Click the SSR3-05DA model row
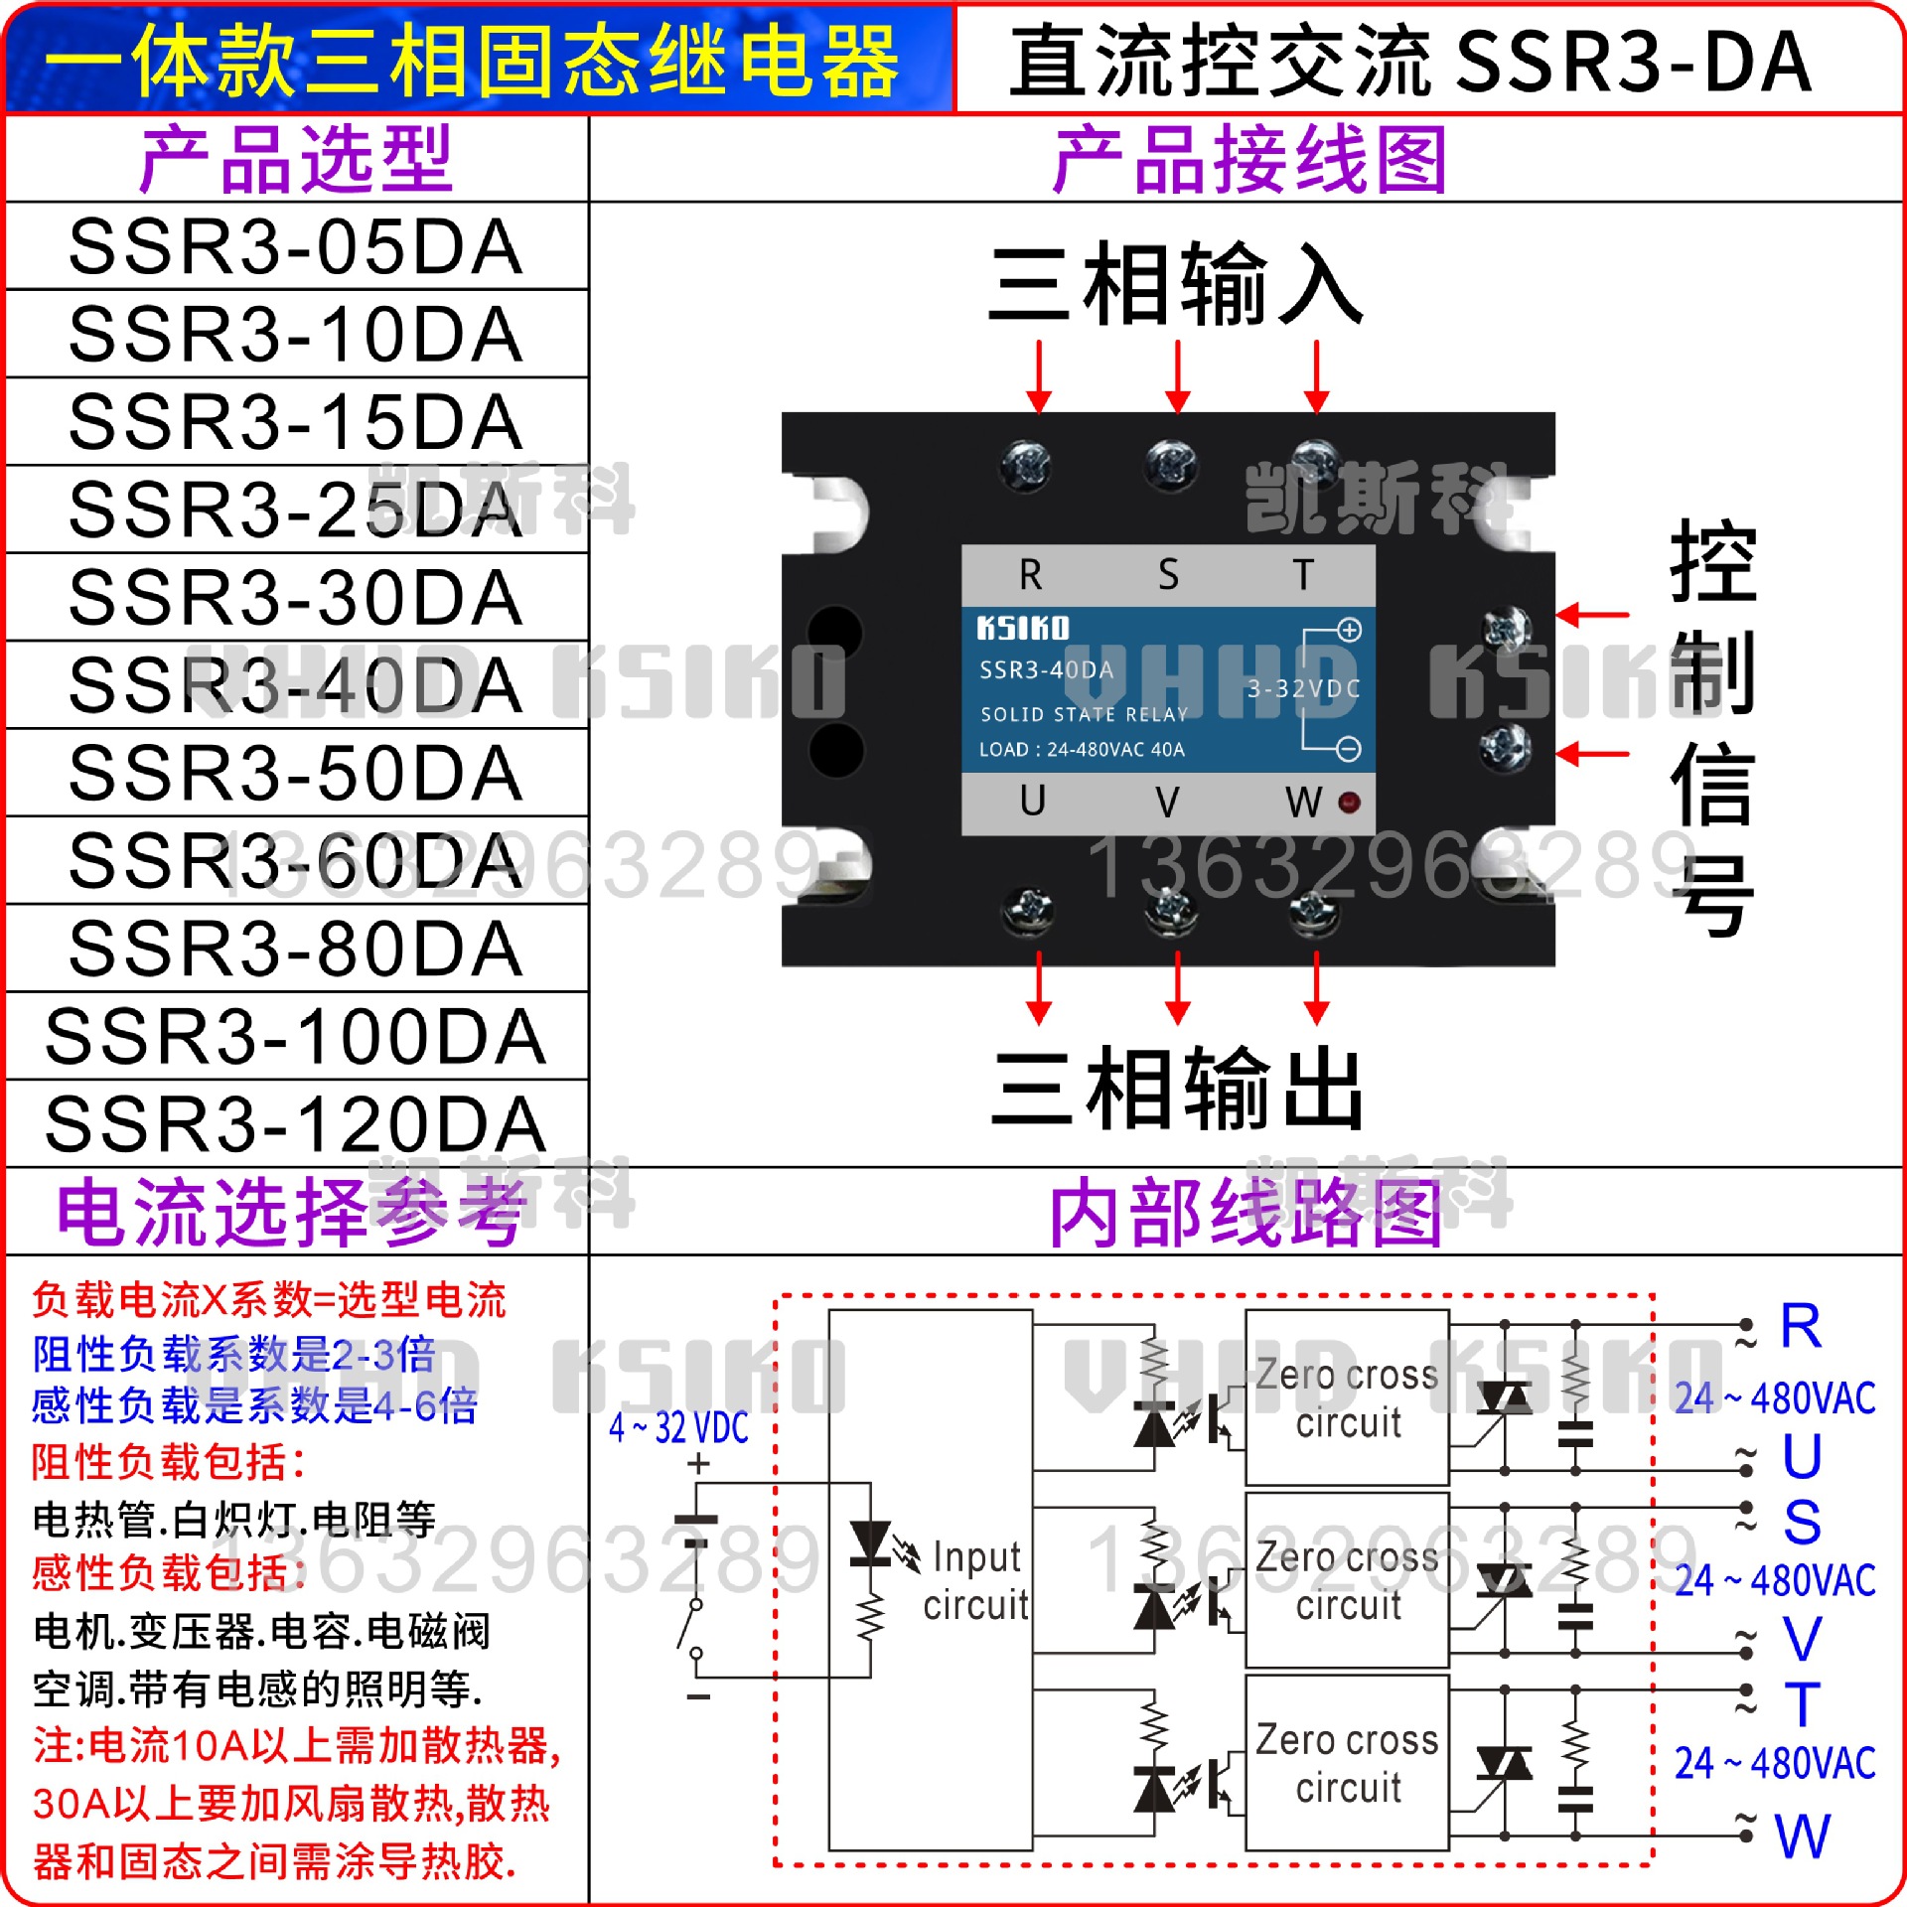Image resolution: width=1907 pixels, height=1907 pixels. click(296, 246)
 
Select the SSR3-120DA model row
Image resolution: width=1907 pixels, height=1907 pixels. click(296, 1124)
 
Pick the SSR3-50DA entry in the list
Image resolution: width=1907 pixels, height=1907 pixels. click(296, 773)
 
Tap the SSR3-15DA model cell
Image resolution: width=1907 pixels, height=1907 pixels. click(296, 422)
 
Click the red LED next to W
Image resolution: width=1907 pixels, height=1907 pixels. click(1350, 802)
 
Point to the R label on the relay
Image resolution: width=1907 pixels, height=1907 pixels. click(1031, 575)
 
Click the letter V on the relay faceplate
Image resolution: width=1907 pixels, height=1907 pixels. click(1168, 802)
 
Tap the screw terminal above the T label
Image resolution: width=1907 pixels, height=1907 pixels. click(1315, 463)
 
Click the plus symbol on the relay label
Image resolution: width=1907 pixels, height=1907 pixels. click(1349, 630)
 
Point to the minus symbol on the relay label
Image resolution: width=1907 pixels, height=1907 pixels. click(1349, 749)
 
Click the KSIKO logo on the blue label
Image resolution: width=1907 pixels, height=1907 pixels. click(1023, 629)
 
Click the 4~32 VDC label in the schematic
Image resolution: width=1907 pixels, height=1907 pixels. click(678, 1428)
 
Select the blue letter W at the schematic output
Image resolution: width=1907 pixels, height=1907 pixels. click(1803, 1836)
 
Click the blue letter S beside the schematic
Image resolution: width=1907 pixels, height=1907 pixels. click(1802, 1523)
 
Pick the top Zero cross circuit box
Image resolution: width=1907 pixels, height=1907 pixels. click(1347, 1397)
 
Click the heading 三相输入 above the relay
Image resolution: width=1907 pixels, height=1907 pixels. click(1176, 286)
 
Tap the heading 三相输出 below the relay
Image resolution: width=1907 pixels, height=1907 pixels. click(1178, 1090)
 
